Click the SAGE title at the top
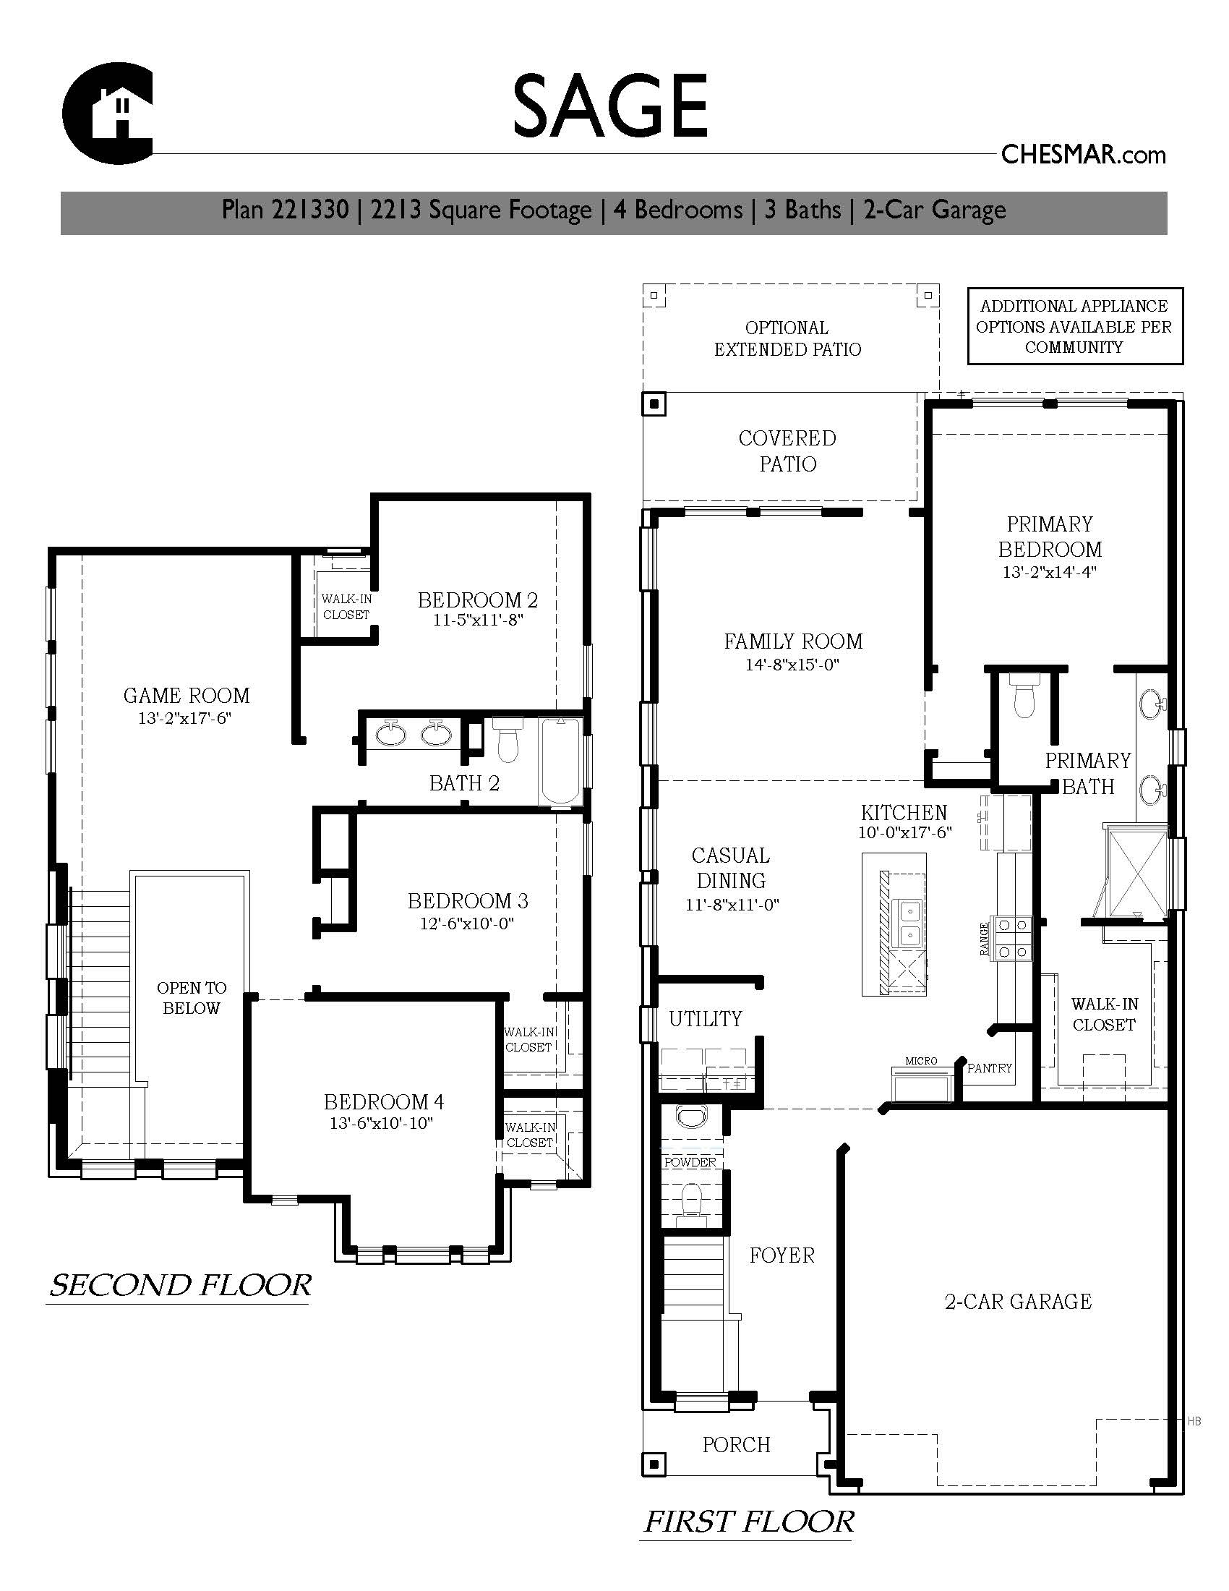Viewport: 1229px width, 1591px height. coord(610,106)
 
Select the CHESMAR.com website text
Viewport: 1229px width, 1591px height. coord(1084,155)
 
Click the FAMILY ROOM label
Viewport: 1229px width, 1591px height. coord(793,641)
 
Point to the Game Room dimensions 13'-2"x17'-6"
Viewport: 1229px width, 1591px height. coord(186,718)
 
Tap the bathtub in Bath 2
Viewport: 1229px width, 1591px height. coord(560,762)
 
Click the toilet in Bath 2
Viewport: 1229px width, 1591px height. coord(507,738)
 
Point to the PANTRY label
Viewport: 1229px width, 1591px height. coord(990,1068)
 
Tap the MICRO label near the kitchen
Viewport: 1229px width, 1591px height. coord(921,1061)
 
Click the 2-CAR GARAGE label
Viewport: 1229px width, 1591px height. coord(1018,1301)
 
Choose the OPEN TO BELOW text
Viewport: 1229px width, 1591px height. coord(192,998)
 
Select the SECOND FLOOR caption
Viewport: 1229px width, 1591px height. coord(180,1285)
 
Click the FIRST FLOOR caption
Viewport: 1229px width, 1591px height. coord(748,1522)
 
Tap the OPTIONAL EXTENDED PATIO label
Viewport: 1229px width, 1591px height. coord(787,338)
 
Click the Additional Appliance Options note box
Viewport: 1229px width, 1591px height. coord(1074,326)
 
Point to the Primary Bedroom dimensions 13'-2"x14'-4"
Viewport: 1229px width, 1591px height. coord(1049,572)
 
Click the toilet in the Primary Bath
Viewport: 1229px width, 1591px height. coord(1024,698)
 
